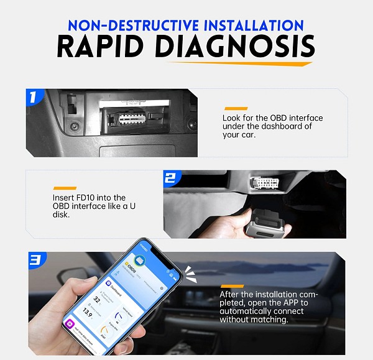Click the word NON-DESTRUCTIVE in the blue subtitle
[129, 25]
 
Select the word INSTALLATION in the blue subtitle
[249, 25]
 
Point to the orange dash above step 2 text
[65, 187]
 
